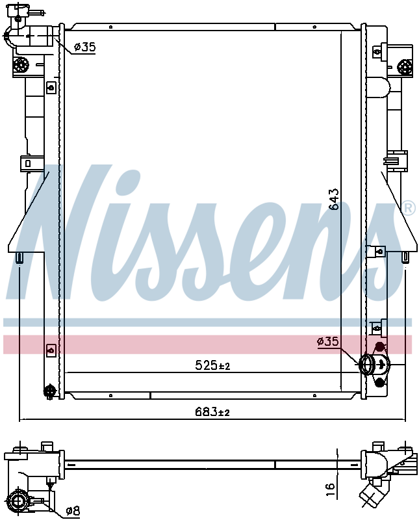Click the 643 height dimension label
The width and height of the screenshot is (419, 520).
coord(334,199)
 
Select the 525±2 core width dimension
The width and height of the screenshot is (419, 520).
coord(212,365)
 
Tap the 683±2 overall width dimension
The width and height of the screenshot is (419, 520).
coord(212,412)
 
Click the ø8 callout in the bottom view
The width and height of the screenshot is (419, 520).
coord(73,510)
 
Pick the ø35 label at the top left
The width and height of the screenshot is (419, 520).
coord(85,47)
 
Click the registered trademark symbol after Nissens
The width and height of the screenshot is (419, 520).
coord(409,208)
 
